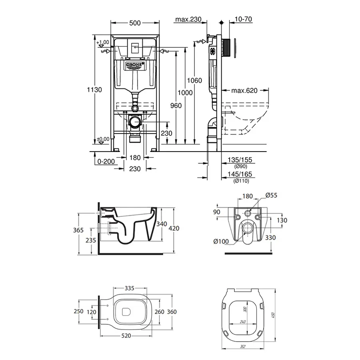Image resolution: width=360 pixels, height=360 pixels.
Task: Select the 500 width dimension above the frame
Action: (135, 23)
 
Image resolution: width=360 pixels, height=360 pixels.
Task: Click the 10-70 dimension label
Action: (244, 20)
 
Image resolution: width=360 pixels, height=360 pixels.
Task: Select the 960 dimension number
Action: (176, 106)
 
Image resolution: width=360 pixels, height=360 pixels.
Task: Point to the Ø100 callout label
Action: (221, 241)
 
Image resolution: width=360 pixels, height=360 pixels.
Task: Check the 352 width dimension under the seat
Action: (242, 347)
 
